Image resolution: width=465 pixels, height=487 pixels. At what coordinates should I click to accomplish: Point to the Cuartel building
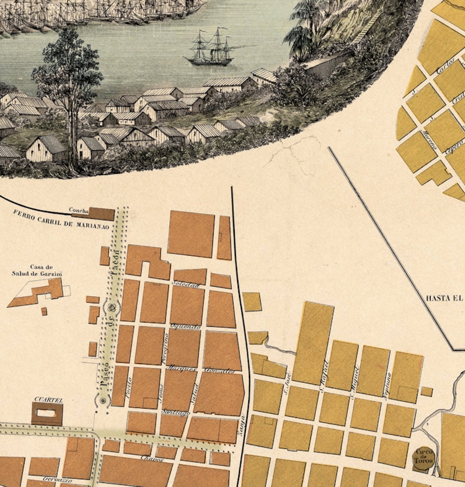47,414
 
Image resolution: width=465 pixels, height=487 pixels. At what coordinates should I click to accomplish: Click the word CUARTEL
48,400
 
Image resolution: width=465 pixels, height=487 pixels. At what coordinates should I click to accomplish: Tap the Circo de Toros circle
423,455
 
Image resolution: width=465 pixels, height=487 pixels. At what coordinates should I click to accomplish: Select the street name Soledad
186,284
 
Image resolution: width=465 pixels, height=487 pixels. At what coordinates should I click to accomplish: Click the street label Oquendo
186,326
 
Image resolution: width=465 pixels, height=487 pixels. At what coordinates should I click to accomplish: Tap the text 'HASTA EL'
445,297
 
